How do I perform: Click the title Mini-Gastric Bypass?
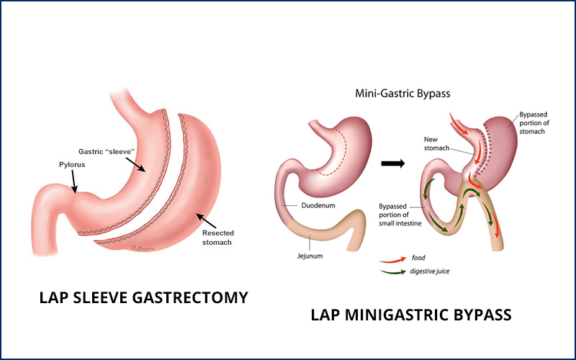point(404,93)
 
